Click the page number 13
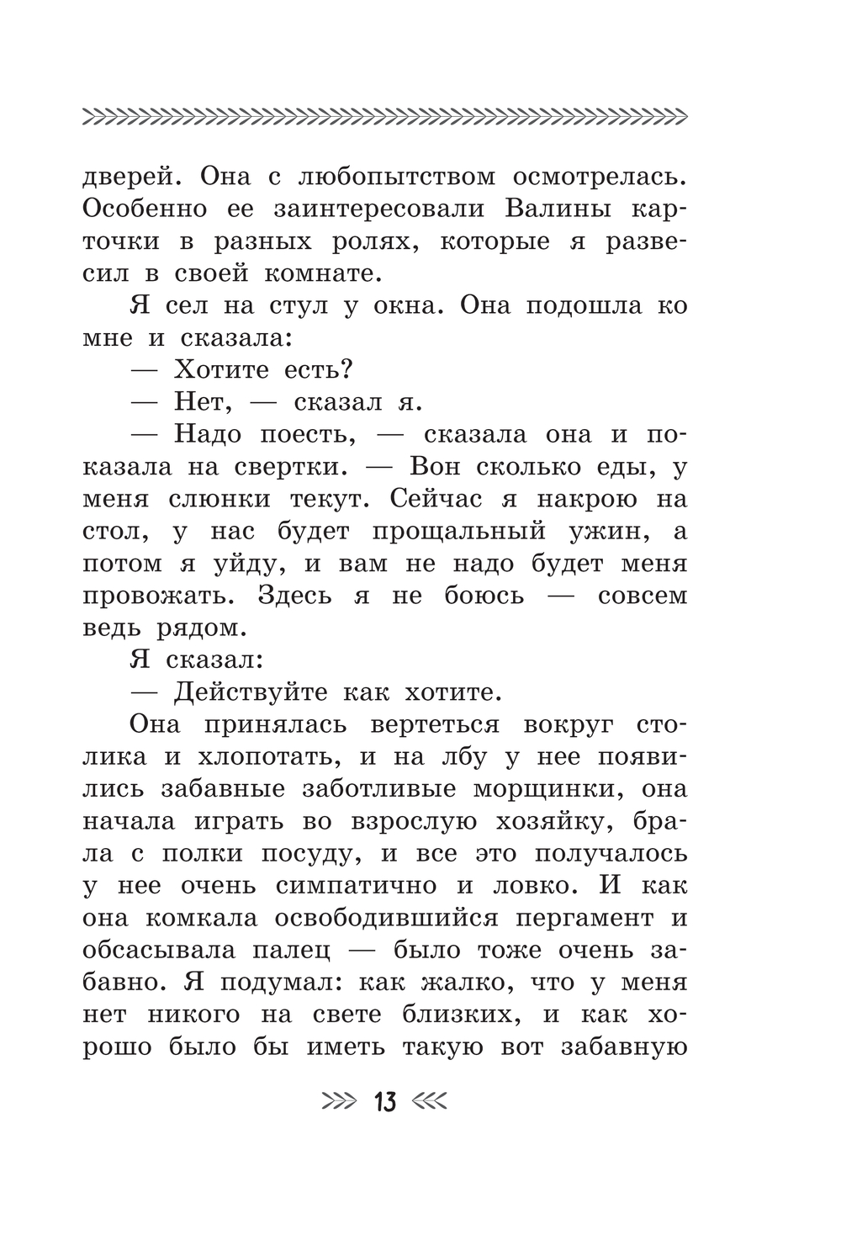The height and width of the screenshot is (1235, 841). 385,1101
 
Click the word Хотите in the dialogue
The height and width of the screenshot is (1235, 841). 221,370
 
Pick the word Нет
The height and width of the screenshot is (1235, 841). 201,402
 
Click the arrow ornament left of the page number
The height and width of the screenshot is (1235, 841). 340,1101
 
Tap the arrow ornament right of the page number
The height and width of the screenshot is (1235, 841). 430,1101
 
